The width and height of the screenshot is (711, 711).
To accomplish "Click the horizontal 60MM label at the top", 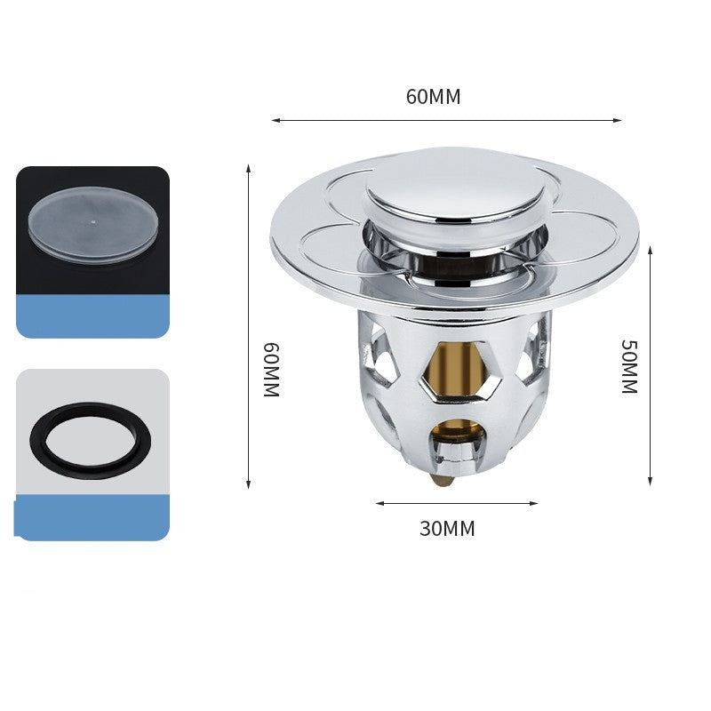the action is point(433,97).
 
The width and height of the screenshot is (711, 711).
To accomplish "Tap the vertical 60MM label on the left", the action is point(271,370).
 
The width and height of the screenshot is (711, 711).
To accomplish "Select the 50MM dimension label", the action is point(629,366).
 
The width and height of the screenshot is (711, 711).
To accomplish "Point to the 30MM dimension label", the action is point(447,529).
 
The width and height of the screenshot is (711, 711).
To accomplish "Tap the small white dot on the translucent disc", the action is point(93,222).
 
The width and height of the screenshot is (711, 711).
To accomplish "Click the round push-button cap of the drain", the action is point(456,187).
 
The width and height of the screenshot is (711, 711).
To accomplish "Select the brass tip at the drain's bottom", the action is point(443,480).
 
